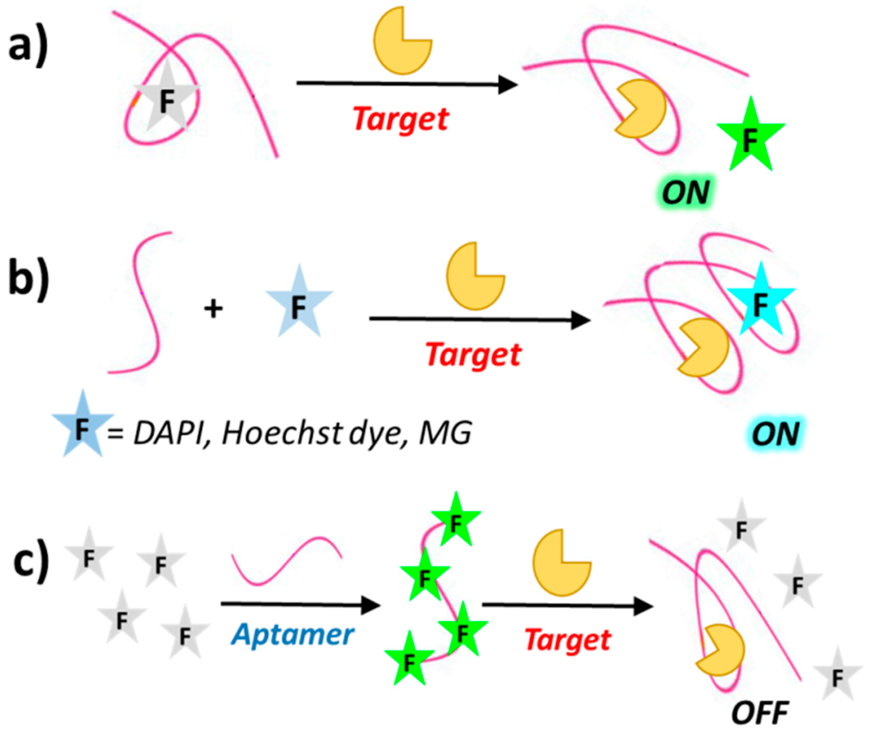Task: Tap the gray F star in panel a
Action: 167,100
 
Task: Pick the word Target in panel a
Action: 401,120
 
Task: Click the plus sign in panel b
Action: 213,310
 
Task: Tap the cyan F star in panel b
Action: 760,303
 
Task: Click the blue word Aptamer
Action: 293,635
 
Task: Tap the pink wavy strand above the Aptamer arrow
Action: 287,561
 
